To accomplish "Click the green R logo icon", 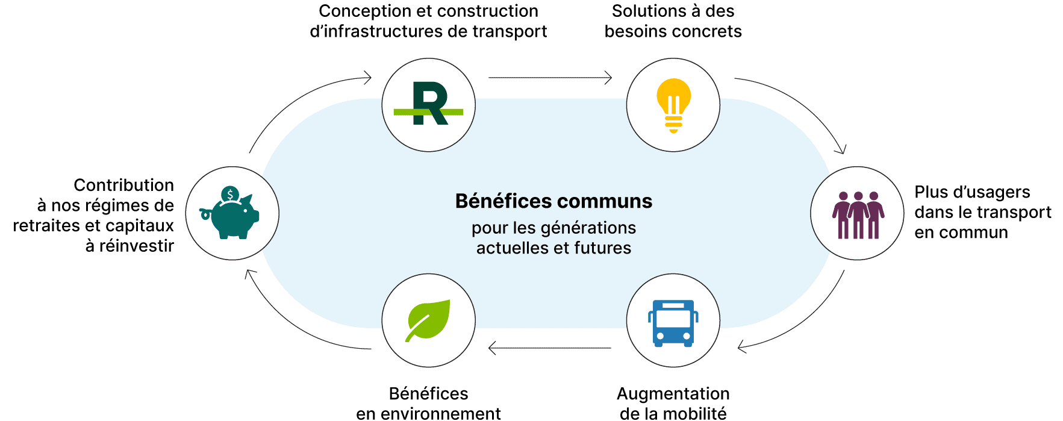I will tap(429, 105).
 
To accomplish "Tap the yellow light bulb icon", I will tap(673, 105).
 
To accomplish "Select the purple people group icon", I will tap(858, 214).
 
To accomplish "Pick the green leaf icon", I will tap(428, 320).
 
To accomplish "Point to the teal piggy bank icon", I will tap(232, 216).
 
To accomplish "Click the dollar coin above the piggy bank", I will tap(229, 195).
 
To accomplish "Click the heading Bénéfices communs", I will tap(553, 201).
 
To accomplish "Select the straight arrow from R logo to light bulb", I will tap(549, 78).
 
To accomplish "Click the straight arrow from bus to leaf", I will tap(549, 348).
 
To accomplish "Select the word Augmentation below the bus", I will tap(673, 393).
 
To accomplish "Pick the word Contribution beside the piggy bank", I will tap(123, 185).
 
